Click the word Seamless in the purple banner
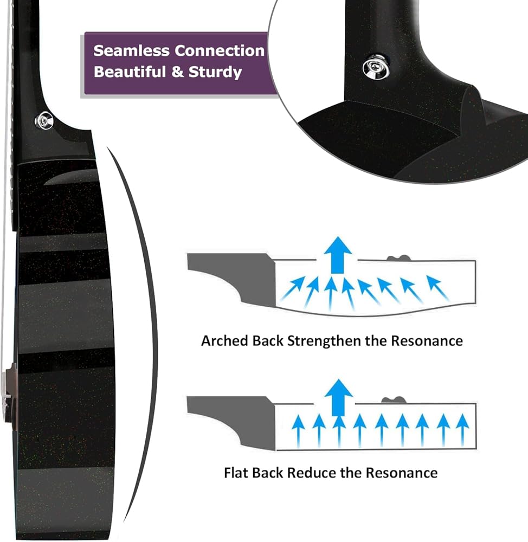[131, 50]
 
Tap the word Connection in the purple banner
[220, 50]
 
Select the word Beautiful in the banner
[130, 72]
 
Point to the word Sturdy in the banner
[215, 72]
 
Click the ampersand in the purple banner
[177, 72]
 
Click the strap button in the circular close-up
[376, 67]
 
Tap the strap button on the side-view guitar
[44, 121]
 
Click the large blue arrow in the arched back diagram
[338, 255]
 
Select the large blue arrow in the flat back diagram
[338, 397]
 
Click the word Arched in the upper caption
[225, 341]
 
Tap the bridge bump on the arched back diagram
[398, 258]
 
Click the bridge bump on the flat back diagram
[394, 400]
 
